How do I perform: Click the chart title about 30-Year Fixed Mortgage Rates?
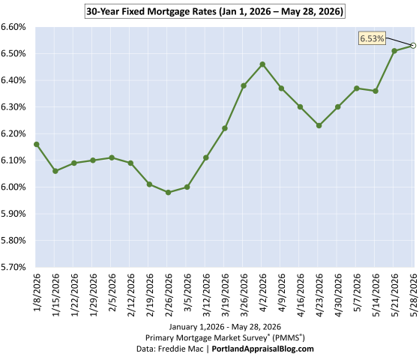coord(215,11)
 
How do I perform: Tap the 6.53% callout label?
coord(372,38)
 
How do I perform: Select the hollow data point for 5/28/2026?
coord(413,46)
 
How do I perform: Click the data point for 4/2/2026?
coord(262,64)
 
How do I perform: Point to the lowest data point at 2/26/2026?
coord(168,192)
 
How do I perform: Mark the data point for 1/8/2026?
coord(37,145)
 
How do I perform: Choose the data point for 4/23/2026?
coord(319,125)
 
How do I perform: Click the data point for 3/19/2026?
coord(225,128)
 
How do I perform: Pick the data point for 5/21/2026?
coord(394,51)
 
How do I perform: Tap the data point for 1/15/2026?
coord(55,171)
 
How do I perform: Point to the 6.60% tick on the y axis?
coord(13,27)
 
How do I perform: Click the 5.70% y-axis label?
coord(13,267)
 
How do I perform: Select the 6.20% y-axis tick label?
coord(13,133)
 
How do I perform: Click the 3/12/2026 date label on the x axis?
coord(207,295)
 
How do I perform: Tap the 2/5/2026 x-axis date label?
coord(112,292)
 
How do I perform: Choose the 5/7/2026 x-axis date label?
coord(357,292)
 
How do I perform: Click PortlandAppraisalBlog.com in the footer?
coord(262,349)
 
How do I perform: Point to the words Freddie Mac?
coord(181,349)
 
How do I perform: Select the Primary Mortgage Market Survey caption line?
coord(225,337)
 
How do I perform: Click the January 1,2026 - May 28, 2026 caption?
coord(225,327)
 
